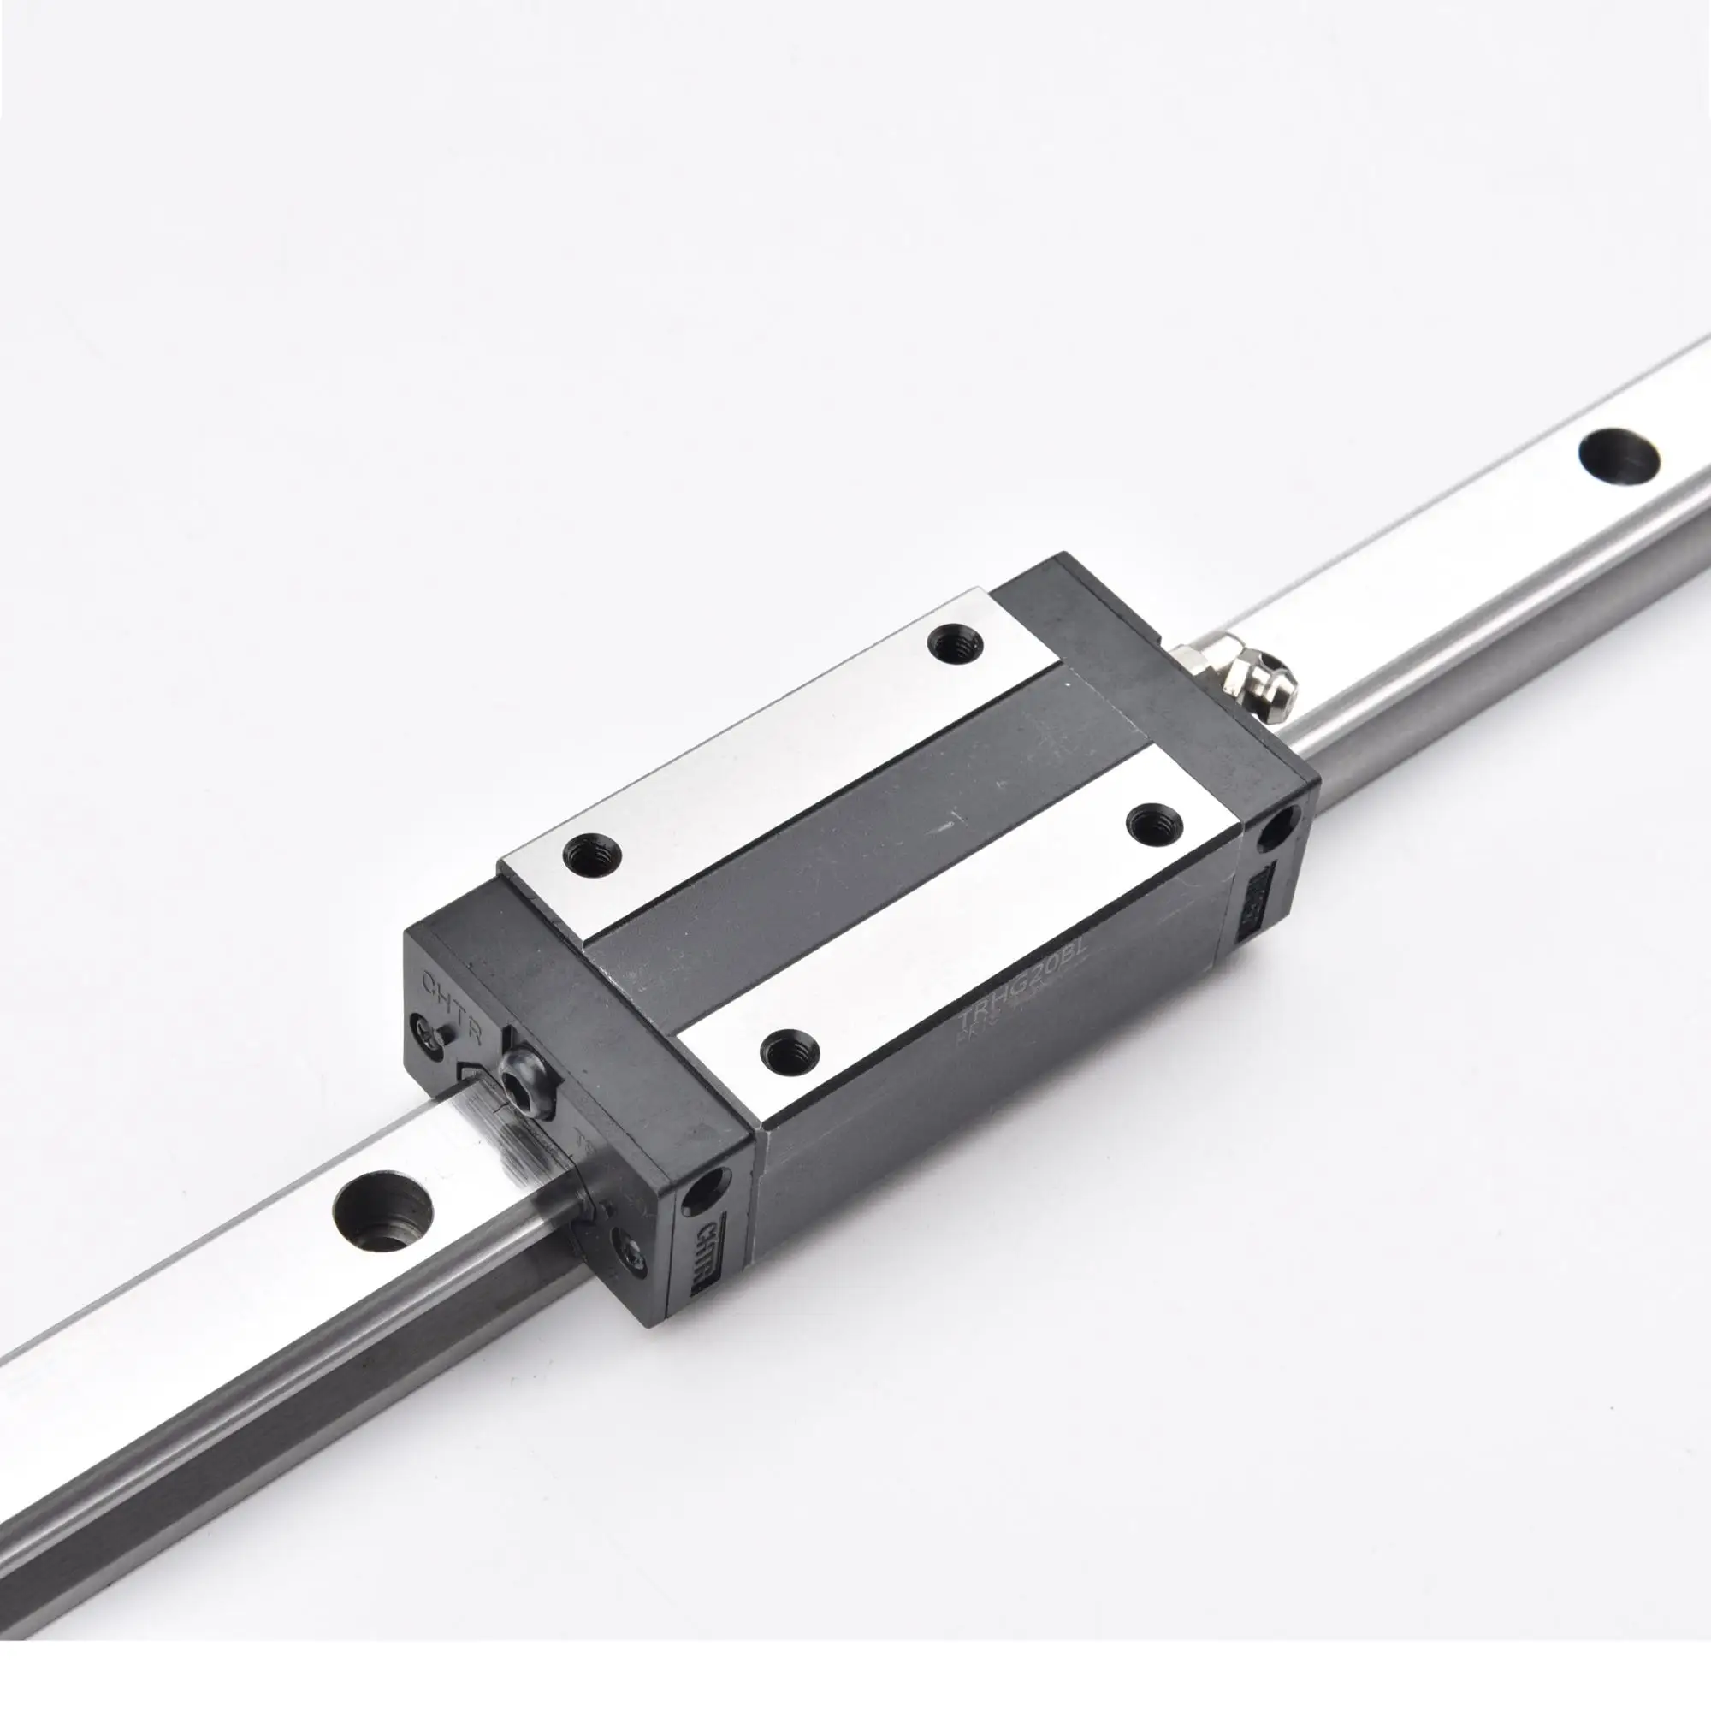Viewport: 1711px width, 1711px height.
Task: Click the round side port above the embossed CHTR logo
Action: pos(709,1187)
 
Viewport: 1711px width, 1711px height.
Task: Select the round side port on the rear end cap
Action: pos(1278,829)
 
